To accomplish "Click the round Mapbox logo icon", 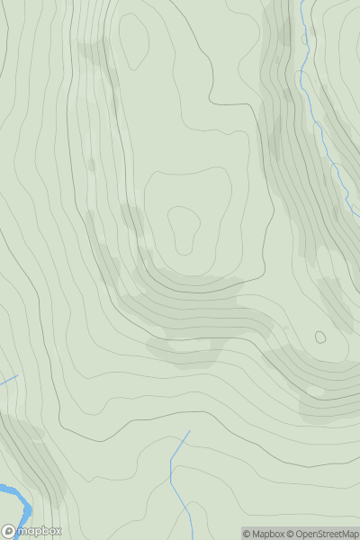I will click(x=9, y=531).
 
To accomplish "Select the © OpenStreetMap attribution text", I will click(x=325, y=534).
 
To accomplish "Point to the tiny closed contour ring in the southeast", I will click(x=319, y=337).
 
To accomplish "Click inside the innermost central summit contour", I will click(x=183, y=229).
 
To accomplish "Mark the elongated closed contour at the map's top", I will click(x=134, y=40).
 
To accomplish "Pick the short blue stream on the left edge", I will click(x=8, y=382).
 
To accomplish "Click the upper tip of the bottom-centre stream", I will click(x=190, y=430).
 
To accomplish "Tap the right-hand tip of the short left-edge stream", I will click(x=17, y=376).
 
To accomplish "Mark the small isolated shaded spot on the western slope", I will click(x=91, y=166).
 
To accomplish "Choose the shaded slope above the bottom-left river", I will click(x=31, y=459).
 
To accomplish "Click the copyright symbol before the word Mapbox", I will click(x=247, y=534).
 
